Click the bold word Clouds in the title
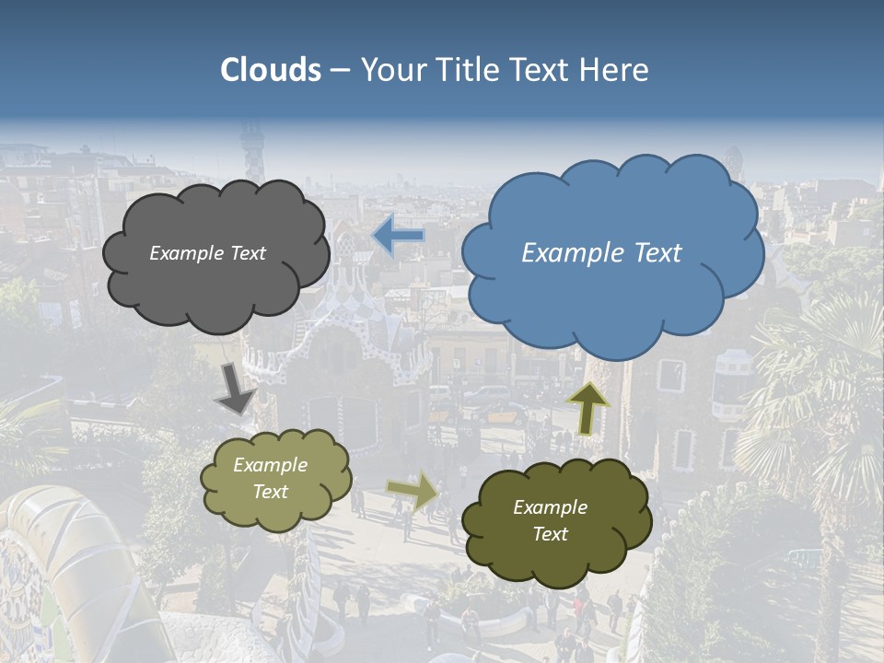click(271, 70)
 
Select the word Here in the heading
click(616, 70)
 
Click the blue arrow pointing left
click(398, 236)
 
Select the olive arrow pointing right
click(413, 492)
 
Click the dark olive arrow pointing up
click(587, 407)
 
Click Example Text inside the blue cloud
click(601, 253)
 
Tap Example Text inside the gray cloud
click(207, 253)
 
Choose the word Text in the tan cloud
click(270, 492)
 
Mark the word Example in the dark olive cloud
click(550, 507)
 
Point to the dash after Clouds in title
click(340, 71)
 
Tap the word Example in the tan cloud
click(270, 465)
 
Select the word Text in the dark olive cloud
click(550, 534)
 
